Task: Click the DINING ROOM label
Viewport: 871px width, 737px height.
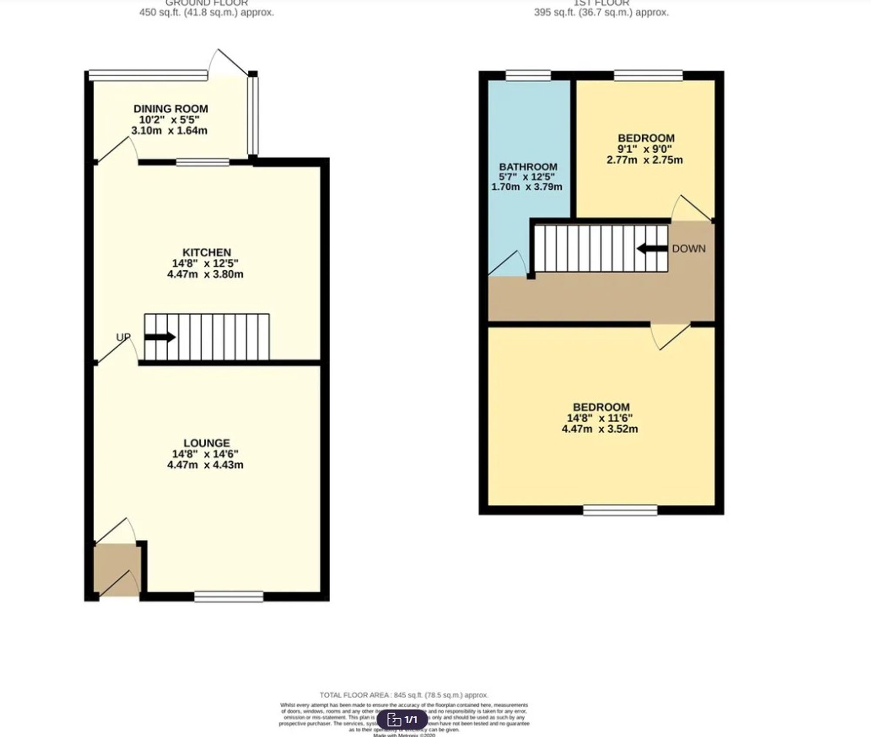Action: (171, 108)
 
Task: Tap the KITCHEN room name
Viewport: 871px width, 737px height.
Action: (206, 252)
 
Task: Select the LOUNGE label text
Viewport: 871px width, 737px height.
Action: (206, 443)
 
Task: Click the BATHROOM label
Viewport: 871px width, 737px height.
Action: (528, 167)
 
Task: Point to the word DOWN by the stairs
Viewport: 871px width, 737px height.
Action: (689, 249)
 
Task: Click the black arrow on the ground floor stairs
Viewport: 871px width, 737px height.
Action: (160, 337)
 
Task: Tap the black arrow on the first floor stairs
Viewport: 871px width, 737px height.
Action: (652, 249)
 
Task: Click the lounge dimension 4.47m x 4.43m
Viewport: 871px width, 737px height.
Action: (205, 465)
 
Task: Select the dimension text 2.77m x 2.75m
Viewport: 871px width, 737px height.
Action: (645, 160)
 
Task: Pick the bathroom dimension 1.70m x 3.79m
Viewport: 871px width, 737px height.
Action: (527, 187)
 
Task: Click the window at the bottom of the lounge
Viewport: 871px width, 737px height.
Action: (229, 596)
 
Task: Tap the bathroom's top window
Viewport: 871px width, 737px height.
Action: (528, 76)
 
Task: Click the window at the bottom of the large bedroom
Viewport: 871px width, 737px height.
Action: (620, 510)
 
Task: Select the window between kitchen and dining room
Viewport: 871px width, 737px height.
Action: (203, 162)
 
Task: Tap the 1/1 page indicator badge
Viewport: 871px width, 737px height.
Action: (402, 719)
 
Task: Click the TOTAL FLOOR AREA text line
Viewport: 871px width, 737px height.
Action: (404, 695)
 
